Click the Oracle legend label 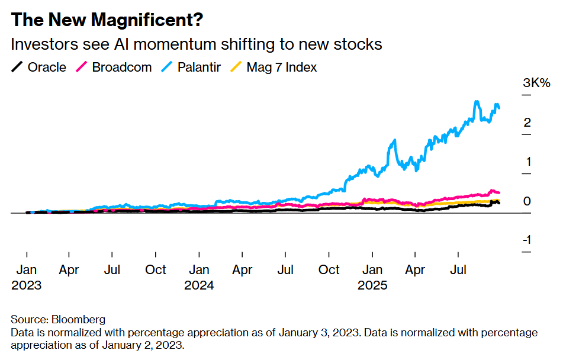point(47,67)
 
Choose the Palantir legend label point(198,67)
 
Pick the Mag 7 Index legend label point(281,67)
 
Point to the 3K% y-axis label point(536,83)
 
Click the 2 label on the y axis point(526,123)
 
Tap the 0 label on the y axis point(526,201)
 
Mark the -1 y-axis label point(525,240)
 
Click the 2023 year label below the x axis point(27,285)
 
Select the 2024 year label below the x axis point(200,285)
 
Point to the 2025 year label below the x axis point(372,285)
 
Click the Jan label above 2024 point(200,270)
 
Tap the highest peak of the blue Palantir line point(477,102)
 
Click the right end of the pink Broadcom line point(500,192)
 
